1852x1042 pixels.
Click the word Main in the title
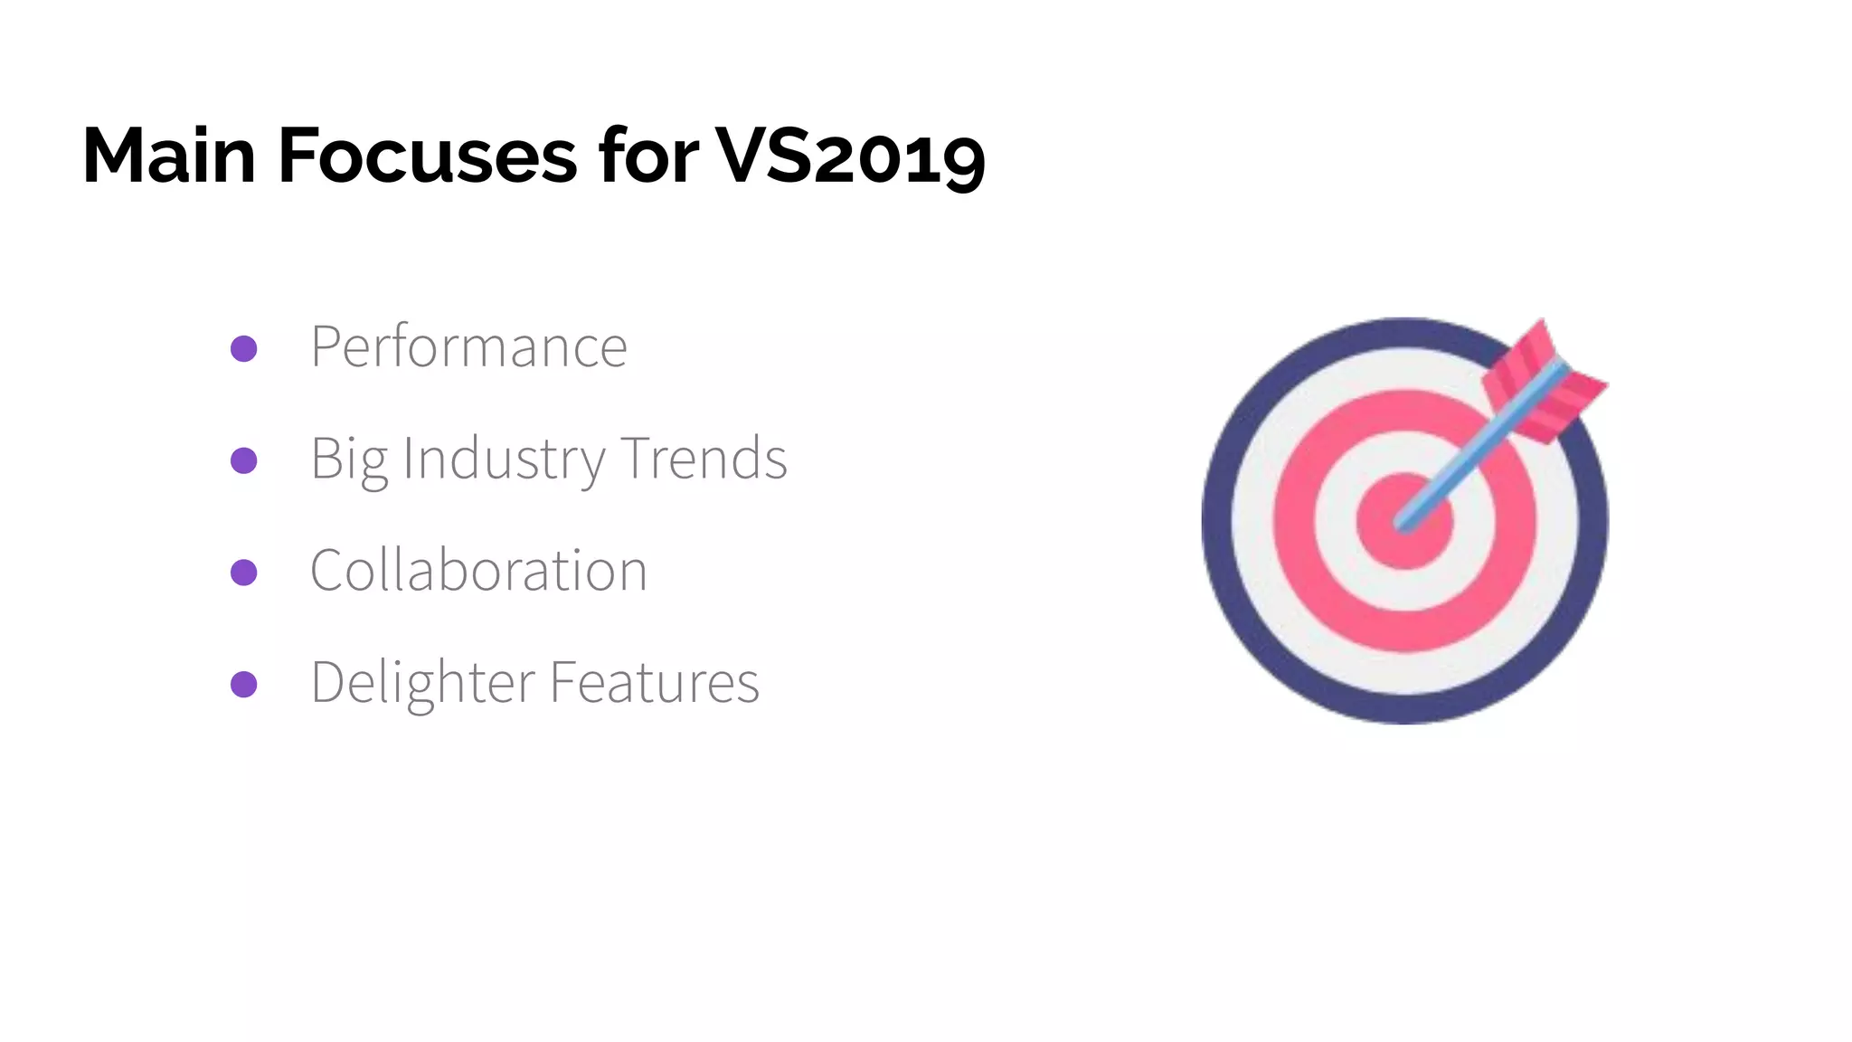169,156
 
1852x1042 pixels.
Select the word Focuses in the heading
427,156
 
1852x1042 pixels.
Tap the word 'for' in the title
647,156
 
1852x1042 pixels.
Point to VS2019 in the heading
850,156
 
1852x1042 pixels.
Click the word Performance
468,346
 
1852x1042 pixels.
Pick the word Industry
504,459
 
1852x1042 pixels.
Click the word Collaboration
478,571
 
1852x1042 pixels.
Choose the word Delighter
422,683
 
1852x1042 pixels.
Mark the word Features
655,682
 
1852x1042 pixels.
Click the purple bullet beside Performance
244,348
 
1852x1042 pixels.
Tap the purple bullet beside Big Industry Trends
244,460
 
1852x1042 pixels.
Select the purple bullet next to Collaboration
244,573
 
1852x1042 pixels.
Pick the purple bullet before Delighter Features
244,684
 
